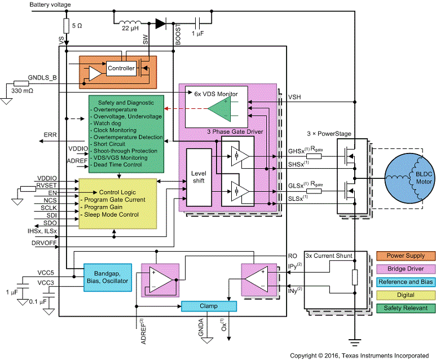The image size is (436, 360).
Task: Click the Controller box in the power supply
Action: (121, 69)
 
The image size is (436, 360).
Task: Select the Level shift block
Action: (197, 179)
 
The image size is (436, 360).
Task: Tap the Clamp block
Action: (207, 306)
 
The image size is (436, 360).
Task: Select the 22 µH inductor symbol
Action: (130, 23)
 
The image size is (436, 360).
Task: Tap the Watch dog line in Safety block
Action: (109, 122)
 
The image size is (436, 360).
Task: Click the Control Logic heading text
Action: (118, 192)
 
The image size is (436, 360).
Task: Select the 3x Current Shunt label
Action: (329, 256)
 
